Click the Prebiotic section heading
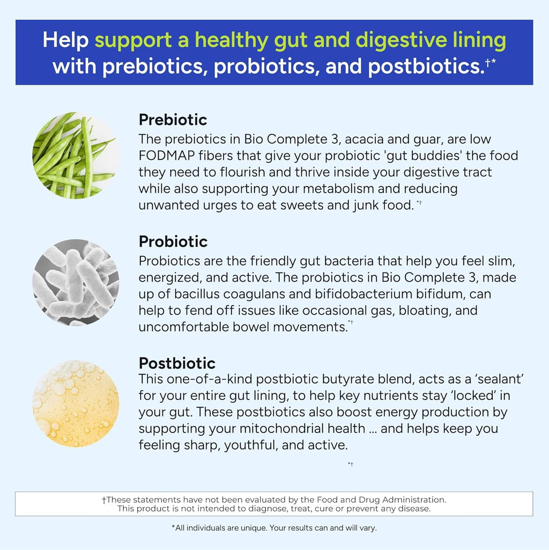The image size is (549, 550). pos(173,119)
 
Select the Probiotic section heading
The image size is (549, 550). pos(173,241)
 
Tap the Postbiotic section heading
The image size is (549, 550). pos(177,363)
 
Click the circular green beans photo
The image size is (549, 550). pos(75,155)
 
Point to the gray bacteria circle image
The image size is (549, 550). pos(75,282)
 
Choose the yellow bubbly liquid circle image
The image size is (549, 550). pos(75,404)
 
